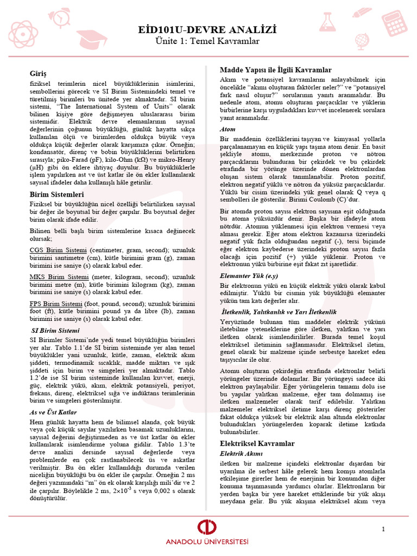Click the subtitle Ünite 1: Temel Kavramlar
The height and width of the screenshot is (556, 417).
pos(208,41)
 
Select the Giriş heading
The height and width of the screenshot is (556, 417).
pos(39,73)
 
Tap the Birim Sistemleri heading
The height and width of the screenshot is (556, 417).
pos(56,194)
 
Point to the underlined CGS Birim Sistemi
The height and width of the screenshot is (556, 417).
pos(58,250)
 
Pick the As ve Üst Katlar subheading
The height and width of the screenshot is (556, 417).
pos(53,412)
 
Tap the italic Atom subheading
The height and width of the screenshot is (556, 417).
pos(228,129)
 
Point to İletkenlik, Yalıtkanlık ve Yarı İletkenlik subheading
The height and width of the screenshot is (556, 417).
pos(279,312)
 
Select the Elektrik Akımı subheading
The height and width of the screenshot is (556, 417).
pos(241,453)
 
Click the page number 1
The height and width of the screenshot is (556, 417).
pos(383,529)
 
